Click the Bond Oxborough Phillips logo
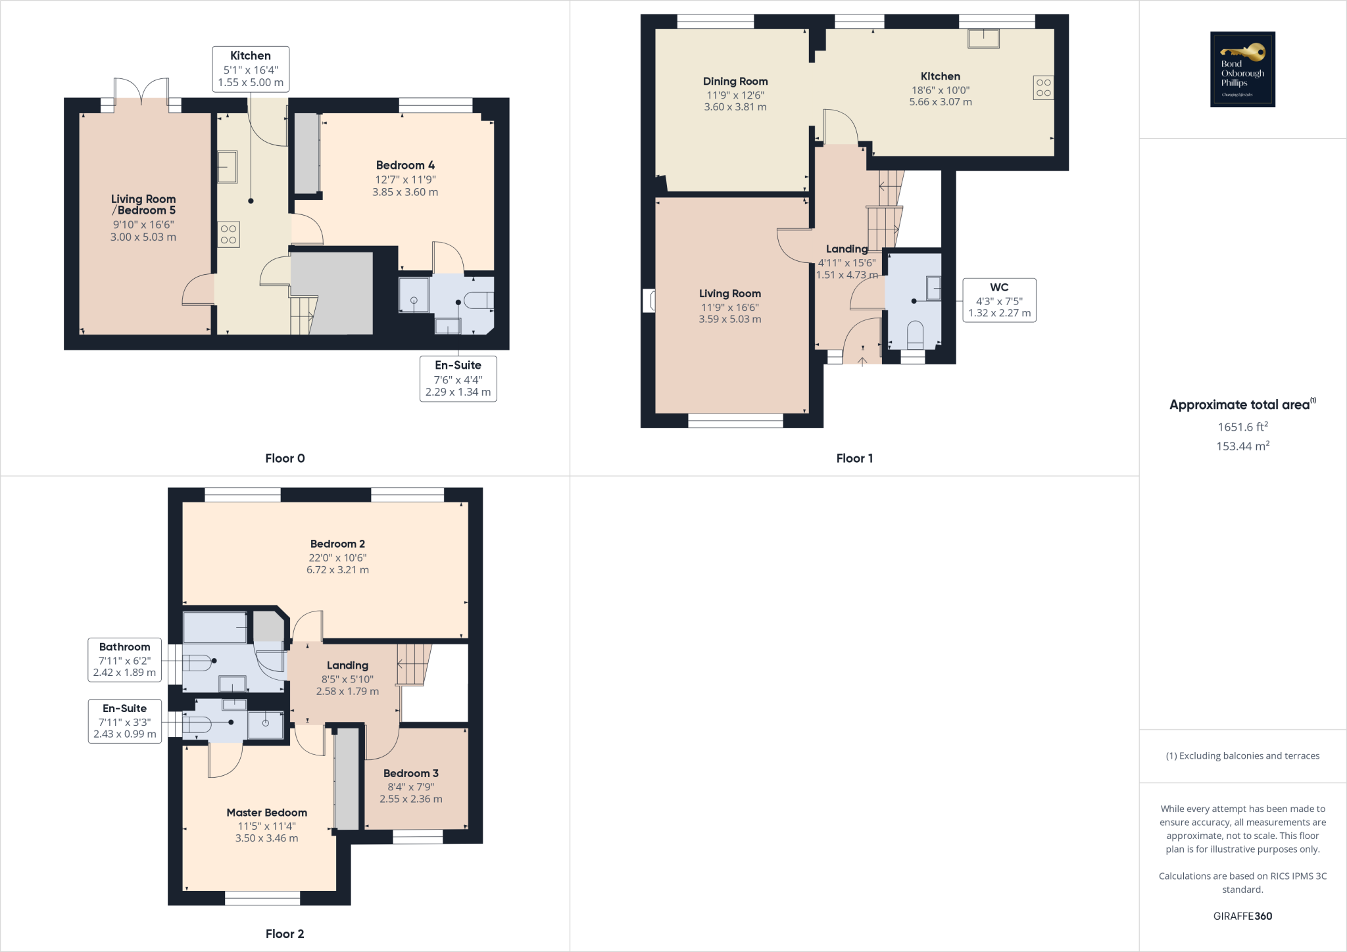coord(1242,69)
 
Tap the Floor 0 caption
coord(285,458)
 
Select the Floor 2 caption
coord(285,934)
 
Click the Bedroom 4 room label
coord(405,165)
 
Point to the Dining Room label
coord(735,82)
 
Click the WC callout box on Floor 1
coord(999,300)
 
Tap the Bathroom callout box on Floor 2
coord(124,659)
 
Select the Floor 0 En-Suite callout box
coord(458,379)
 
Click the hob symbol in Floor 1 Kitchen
coord(1043,88)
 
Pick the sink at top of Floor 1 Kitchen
coord(983,38)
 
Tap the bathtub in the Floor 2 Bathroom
coord(215,628)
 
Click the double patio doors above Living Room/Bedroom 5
coord(141,91)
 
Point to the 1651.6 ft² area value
coord(1242,427)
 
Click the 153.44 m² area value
coord(1242,446)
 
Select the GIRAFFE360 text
coord(1242,916)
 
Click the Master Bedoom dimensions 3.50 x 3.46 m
coord(266,838)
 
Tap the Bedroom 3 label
coord(410,773)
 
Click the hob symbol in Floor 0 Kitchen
coord(228,235)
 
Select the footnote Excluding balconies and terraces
coord(1242,755)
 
